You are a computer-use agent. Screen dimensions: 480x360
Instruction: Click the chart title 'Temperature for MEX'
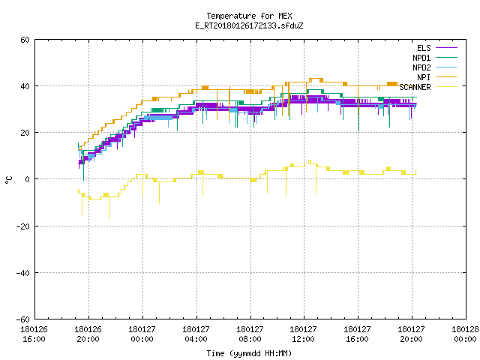tap(249, 16)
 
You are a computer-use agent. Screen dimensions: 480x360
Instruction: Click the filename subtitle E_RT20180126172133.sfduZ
tap(249, 25)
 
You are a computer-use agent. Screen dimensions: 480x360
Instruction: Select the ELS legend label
tap(424, 48)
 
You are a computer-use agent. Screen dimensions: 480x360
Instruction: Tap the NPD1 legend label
tap(421, 58)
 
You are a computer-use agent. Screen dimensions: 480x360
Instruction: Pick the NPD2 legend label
tap(421, 67)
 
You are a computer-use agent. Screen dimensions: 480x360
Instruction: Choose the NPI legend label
tap(424, 77)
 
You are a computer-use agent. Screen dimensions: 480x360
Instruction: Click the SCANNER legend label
tap(415, 87)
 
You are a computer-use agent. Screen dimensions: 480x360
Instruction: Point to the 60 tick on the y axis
tap(25, 40)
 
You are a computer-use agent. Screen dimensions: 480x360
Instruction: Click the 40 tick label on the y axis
tap(25, 86)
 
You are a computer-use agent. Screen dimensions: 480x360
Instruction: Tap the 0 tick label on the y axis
tap(28, 179)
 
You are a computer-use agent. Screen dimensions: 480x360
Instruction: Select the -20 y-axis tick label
tap(23, 226)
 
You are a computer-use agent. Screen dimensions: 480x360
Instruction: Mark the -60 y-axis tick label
tap(23, 319)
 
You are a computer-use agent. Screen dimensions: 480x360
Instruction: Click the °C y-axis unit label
tap(9, 180)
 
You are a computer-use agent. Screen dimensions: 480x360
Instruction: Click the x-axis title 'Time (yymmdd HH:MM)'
tap(249, 353)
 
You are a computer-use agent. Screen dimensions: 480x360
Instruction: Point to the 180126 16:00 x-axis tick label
tap(34, 334)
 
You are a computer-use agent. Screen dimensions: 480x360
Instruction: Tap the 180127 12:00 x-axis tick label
tap(303, 334)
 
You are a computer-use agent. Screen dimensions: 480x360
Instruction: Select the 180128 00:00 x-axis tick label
tap(465, 334)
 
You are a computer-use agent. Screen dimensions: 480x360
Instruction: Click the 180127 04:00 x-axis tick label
tap(196, 334)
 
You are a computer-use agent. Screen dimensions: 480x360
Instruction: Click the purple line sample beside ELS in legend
tap(446, 48)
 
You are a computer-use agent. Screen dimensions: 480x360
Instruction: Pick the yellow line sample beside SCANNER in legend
tap(446, 87)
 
